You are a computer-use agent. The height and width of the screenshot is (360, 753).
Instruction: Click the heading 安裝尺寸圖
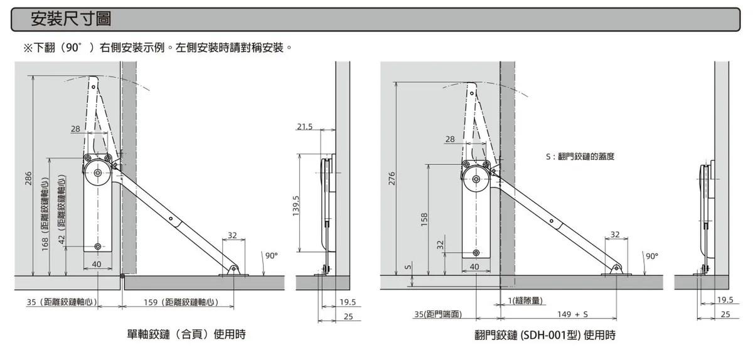tap(71, 19)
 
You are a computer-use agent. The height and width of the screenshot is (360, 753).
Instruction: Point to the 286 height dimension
tap(28, 178)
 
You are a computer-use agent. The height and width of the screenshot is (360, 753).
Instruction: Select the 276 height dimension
tap(393, 179)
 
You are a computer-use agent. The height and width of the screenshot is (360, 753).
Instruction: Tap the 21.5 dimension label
tap(304, 127)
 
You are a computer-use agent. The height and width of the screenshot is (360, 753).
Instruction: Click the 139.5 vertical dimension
tap(296, 206)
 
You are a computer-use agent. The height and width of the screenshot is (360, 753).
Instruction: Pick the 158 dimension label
tap(424, 219)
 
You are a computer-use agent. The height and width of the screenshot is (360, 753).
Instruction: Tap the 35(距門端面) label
tap(438, 314)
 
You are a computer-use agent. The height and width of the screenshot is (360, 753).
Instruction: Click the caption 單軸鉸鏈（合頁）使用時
tap(186, 334)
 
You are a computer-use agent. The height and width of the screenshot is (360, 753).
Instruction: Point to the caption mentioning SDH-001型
tap(545, 335)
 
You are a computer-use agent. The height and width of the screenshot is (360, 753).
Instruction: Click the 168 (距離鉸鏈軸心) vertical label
tap(45, 213)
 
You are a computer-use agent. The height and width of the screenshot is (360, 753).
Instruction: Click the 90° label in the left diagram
tap(271, 255)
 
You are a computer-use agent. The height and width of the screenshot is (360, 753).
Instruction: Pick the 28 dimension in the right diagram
tap(450, 139)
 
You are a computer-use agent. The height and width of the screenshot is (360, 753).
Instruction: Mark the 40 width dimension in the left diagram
tap(97, 264)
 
